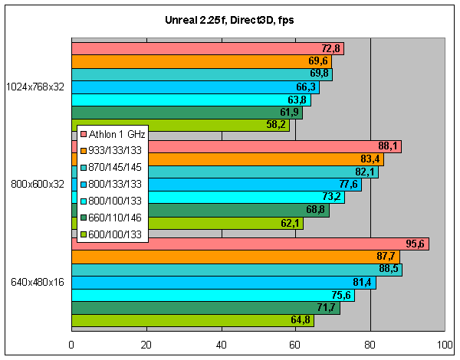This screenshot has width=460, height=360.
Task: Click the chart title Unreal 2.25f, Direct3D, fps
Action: (x=229, y=19)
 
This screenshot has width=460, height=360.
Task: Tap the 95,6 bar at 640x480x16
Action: (x=249, y=244)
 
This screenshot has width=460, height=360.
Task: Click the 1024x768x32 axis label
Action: (x=35, y=86)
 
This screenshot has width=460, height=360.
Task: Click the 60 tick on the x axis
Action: (x=296, y=345)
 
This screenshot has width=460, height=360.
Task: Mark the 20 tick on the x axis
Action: (x=146, y=345)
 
